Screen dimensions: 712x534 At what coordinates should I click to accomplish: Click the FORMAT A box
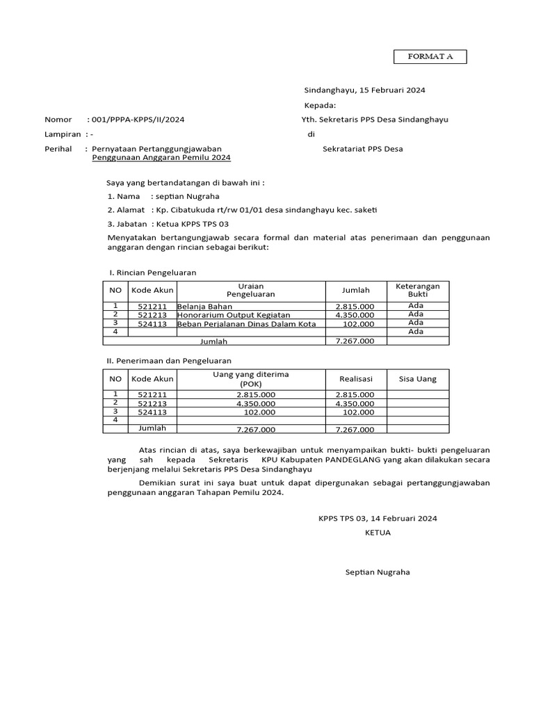coord(430,56)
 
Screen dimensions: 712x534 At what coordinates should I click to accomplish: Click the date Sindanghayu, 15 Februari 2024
coord(365,90)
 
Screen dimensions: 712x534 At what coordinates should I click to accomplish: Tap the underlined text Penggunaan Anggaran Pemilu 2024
coord(161,158)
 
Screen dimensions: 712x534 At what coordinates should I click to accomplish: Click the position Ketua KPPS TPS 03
coord(189,224)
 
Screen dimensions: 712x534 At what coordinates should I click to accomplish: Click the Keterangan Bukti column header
coord(418,290)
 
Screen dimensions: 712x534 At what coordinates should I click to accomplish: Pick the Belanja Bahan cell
coord(205,306)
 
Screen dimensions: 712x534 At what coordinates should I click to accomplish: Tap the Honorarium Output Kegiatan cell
coord(226,315)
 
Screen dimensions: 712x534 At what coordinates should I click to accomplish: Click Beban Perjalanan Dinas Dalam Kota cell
coord(247,324)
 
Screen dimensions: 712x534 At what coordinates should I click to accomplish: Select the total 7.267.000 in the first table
coord(355,341)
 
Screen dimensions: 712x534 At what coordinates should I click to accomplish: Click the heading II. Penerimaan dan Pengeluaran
coord(168,361)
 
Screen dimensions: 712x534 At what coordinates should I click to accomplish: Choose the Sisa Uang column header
coord(417,379)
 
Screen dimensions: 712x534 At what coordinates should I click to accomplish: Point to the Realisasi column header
coord(356,379)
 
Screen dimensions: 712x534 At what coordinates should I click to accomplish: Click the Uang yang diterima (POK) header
coord(250,379)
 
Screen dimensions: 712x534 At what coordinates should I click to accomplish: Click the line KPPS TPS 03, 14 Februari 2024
coord(378,519)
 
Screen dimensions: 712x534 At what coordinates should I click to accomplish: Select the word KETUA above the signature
coord(378,533)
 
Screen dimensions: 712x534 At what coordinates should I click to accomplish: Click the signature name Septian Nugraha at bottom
coord(378,572)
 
